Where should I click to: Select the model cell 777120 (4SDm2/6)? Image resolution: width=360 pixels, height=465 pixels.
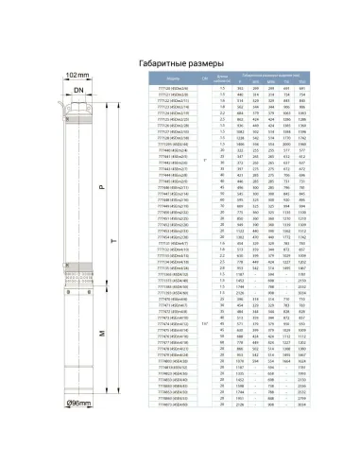[x=173, y=89]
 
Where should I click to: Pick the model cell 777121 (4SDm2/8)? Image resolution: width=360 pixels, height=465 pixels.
[x=173, y=95]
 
